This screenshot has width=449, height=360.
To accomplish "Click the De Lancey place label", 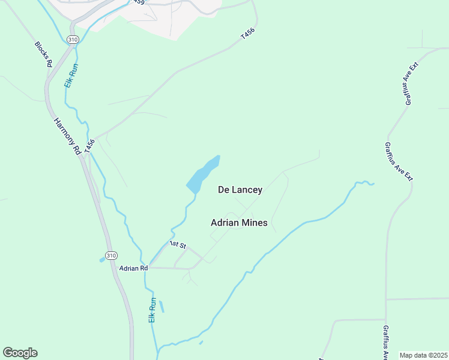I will pos(240,190).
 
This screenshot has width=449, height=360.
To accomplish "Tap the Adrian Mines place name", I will pos(239,223).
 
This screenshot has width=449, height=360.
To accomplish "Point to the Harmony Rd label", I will pos(67,137).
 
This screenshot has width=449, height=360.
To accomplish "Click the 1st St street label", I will pos(178,245).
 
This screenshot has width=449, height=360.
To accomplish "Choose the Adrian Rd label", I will pos(133,268).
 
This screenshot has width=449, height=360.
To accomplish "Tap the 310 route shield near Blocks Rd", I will pos(73,40).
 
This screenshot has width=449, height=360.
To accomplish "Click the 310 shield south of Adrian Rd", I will pos(110,256).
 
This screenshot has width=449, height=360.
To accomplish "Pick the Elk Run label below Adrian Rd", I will pos(152,311).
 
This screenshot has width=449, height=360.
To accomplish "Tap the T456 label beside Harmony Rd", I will pos(90,146).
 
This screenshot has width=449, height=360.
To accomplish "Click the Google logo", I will pos(20,353).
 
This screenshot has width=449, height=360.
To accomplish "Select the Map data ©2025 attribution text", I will pos(423,355).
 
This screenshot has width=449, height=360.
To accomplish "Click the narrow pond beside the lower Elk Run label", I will pos(161,306).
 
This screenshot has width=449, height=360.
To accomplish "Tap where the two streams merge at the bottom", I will pos(158,348).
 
